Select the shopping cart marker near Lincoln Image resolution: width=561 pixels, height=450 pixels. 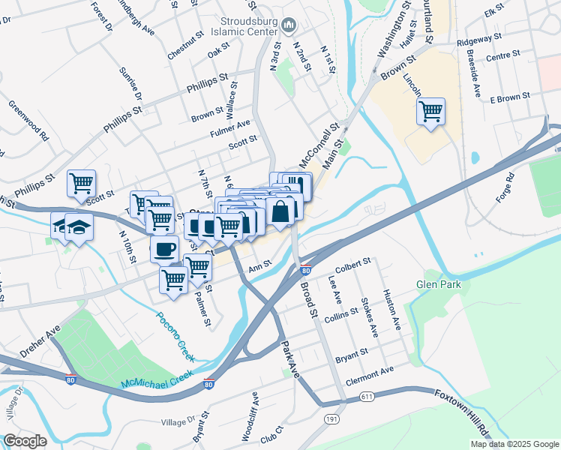[x=430, y=112]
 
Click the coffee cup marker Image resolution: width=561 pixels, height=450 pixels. [x=164, y=248]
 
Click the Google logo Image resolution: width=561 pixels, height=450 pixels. [x=25, y=441]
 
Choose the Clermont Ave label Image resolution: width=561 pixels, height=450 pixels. [x=370, y=373]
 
